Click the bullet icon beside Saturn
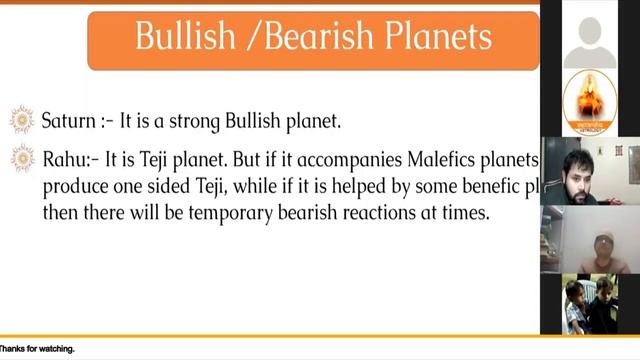click(22, 119)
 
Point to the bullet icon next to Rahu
click(22, 157)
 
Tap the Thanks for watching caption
click(37, 350)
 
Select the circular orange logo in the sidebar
click(590, 102)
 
